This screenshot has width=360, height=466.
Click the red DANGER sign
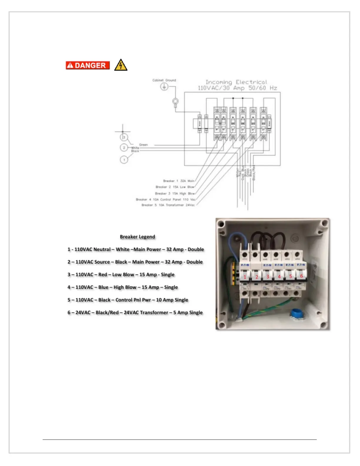pyautogui.click(x=88, y=65)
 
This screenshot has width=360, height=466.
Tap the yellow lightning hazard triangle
pyautogui.click(x=121, y=66)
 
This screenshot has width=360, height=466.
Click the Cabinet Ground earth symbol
pyautogui.click(x=164, y=86)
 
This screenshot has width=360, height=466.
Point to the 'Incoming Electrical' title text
pyautogui.click(x=236, y=82)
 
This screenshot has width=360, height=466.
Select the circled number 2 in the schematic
pyautogui.click(x=124, y=148)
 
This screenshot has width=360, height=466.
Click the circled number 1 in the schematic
pyautogui.click(x=124, y=160)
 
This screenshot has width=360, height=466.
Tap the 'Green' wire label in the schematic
pyautogui.click(x=144, y=145)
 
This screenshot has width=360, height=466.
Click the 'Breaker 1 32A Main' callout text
pyautogui.click(x=179, y=181)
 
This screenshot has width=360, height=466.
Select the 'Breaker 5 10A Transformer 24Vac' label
pyautogui.click(x=168, y=205)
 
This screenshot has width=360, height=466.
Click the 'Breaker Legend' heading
pyautogui.click(x=137, y=237)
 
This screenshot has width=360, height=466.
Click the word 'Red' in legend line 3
pyautogui.click(x=103, y=274)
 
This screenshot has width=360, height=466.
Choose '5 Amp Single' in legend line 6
pyautogui.click(x=188, y=312)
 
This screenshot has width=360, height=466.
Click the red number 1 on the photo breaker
pyautogui.click(x=245, y=277)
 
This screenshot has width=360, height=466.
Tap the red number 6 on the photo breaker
pyautogui.click(x=301, y=276)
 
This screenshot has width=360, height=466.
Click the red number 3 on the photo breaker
pyautogui.click(x=268, y=277)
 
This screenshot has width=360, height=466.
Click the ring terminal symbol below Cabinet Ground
pyautogui.click(x=175, y=102)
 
